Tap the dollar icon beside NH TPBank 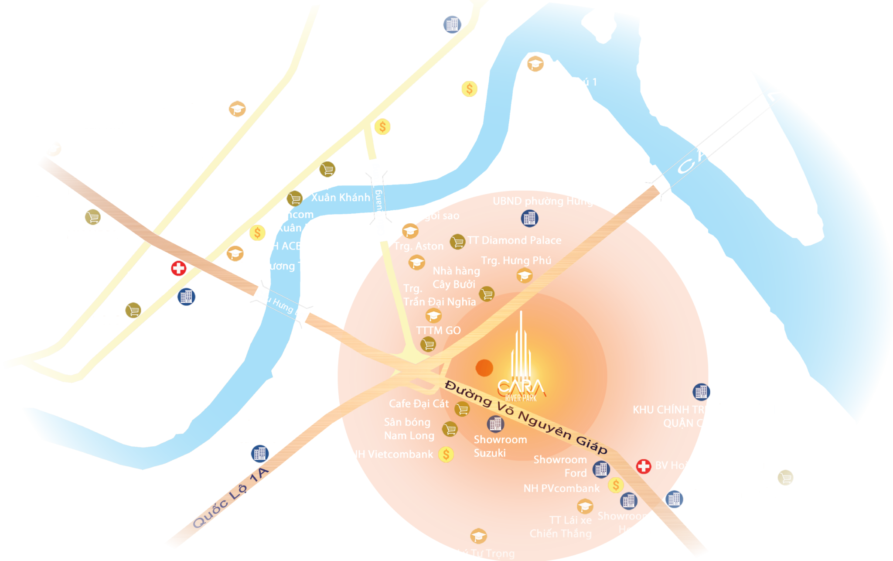click(469, 89)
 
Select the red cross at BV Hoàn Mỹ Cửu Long click(643, 466)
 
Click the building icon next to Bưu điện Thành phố click(452, 24)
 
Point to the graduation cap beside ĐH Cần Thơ click(237, 109)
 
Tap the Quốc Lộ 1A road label click(230, 499)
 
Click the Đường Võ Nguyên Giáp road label click(526, 416)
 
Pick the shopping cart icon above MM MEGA click(93, 217)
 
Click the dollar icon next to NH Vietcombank click(446, 455)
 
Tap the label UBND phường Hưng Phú click(553, 201)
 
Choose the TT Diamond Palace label click(514, 240)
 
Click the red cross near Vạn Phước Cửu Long click(178, 268)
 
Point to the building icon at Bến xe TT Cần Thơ click(260, 454)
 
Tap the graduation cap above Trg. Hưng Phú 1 click(535, 64)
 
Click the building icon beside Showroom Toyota click(674, 499)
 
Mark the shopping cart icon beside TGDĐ click(133, 311)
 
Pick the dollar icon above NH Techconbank click(382, 127)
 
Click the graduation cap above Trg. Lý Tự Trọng click(478, 536)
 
